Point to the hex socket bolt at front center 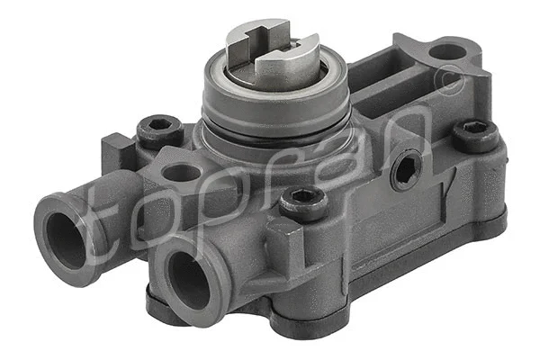pyautogui.click(x=303, y=202)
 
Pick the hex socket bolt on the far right pyautogui.click(x=474, y=135)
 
